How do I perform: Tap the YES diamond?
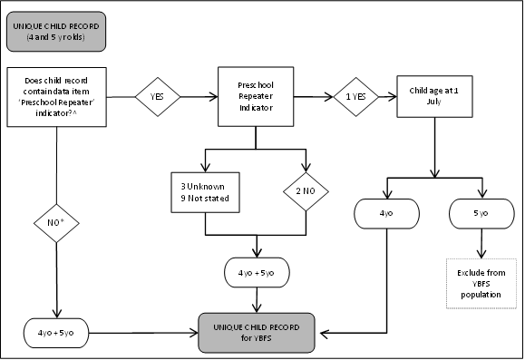[x=158, y=92]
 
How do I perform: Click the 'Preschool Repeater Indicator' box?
[x=256, y=92]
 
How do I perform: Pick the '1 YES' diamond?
[x=355, y=92]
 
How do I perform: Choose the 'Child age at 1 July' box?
[x=438, y=92]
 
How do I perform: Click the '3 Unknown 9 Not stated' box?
[x=205, y=190]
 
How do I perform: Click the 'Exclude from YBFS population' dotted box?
[x=481, y=283]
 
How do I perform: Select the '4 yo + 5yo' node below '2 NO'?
[x=260, y=271]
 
